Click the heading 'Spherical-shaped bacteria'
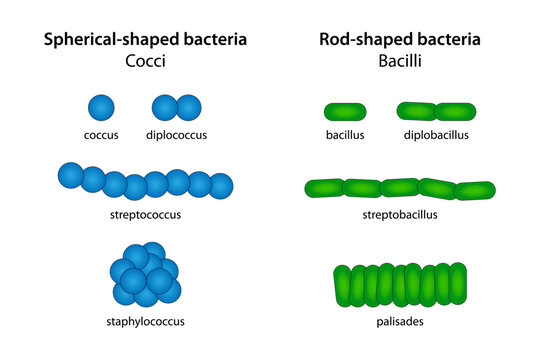pyautogui.click(x=145, y=40)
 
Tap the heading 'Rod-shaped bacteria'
pyautogui.click(x=400, y=40)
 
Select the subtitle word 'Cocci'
pyautogui.click(x=145, y=61)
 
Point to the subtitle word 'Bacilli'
pyautogui.click(x=400, y=61)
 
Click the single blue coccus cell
pyautogui.click(x=101, y=107)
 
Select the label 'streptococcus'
pyautogui.click(x=146, y=213)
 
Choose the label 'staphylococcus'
pyautogui.click(x=146, y=321)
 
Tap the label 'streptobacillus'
pyautogui.click(x=400, y=213)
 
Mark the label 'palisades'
pyautogui.click(x=400, y=321)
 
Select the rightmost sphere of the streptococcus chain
pyautogui.click(x=220, y=185)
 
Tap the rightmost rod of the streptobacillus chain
pyautogui.click(x=475, y=190)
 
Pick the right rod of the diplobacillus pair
pyautogui.click(x=455, y=111)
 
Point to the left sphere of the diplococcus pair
pyautogui.click(x=165, y=107)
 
